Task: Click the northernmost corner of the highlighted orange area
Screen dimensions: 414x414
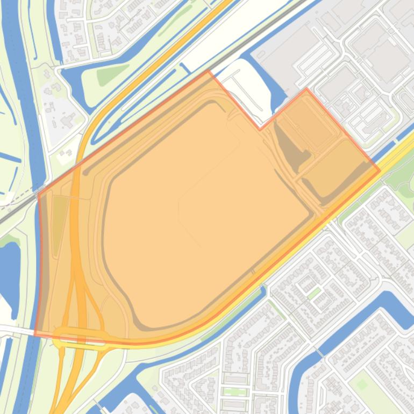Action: [x=209, y=70]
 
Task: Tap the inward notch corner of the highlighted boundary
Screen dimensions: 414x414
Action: [x=260, y=130]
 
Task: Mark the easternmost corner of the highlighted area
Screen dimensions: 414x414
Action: [x=380, y=171]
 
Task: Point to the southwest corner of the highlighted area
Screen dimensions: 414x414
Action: [x=35, y=334]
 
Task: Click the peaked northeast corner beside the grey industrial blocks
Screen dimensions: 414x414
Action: [x=306, y=89]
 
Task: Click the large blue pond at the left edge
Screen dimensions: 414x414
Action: [x=10, y=272]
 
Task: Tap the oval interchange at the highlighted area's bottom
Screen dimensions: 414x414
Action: [x=81, y=338]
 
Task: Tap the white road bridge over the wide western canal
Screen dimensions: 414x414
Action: [x=16, y=330]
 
